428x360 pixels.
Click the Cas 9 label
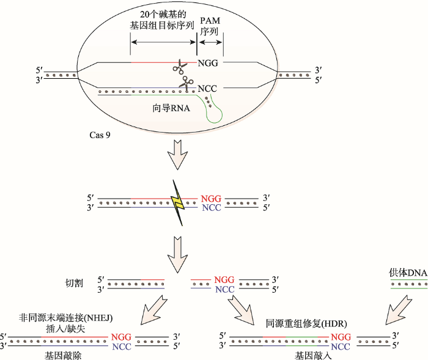click(100, 135)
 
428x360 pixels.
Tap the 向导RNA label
click(171, 108)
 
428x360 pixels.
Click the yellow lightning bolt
click(179, 202)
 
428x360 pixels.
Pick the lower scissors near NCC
click(186, 84)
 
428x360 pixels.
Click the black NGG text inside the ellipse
click(208, 63)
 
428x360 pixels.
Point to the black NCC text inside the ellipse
click(207, 89)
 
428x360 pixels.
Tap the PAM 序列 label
click(210, 26)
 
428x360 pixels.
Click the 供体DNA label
click(408, 273)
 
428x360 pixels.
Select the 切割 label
click(74, 283)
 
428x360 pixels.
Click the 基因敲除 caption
click(63, 356)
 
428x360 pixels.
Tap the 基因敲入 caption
click(313, 356)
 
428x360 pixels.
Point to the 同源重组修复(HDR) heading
click(306, 324)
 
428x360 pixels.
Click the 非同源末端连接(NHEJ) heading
click(66, 318)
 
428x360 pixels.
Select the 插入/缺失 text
click(65, 329)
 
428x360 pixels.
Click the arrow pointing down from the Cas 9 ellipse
click(177, 155)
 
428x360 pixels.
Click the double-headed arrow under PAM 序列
click(210, 42)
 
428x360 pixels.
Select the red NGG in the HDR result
click(341, 337)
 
